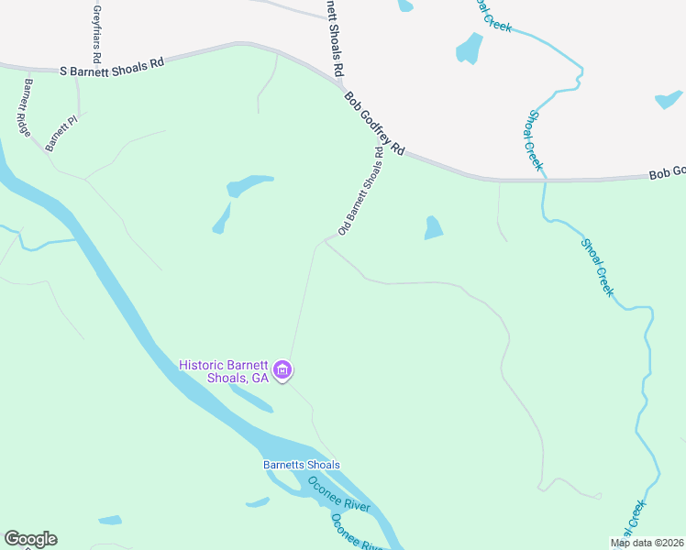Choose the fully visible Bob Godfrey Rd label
pyautogui.click(x=374, y=123)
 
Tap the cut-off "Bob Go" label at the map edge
pyautogui.click(x=667, y=172)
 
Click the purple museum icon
pyautogui.click(x=282, y=371)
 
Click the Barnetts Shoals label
pyautogui.click(x=302, y=465)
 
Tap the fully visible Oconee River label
pyautogui.click(x=338, y=494)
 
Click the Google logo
pyautogui.click(x=30, y=539)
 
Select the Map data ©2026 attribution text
pyautogui.click(x=647, y=543)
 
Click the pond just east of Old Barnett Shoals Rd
pyautogui.click(x=433, y=228)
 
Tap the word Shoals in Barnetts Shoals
pyautogui.click(x=322, y=465)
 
